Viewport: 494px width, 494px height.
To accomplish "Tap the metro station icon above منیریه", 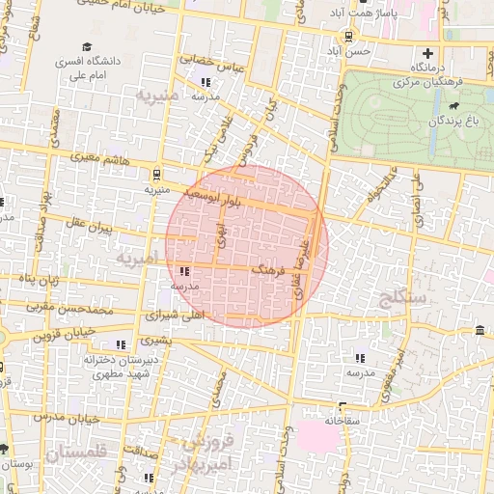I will point(156,175).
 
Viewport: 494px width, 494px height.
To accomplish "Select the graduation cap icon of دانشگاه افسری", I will point(87,46).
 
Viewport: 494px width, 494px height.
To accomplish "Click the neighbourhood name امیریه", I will point(135,259).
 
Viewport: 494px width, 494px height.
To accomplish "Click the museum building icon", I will point(480,333).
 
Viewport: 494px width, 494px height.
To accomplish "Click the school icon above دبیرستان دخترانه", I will point(121,344).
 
